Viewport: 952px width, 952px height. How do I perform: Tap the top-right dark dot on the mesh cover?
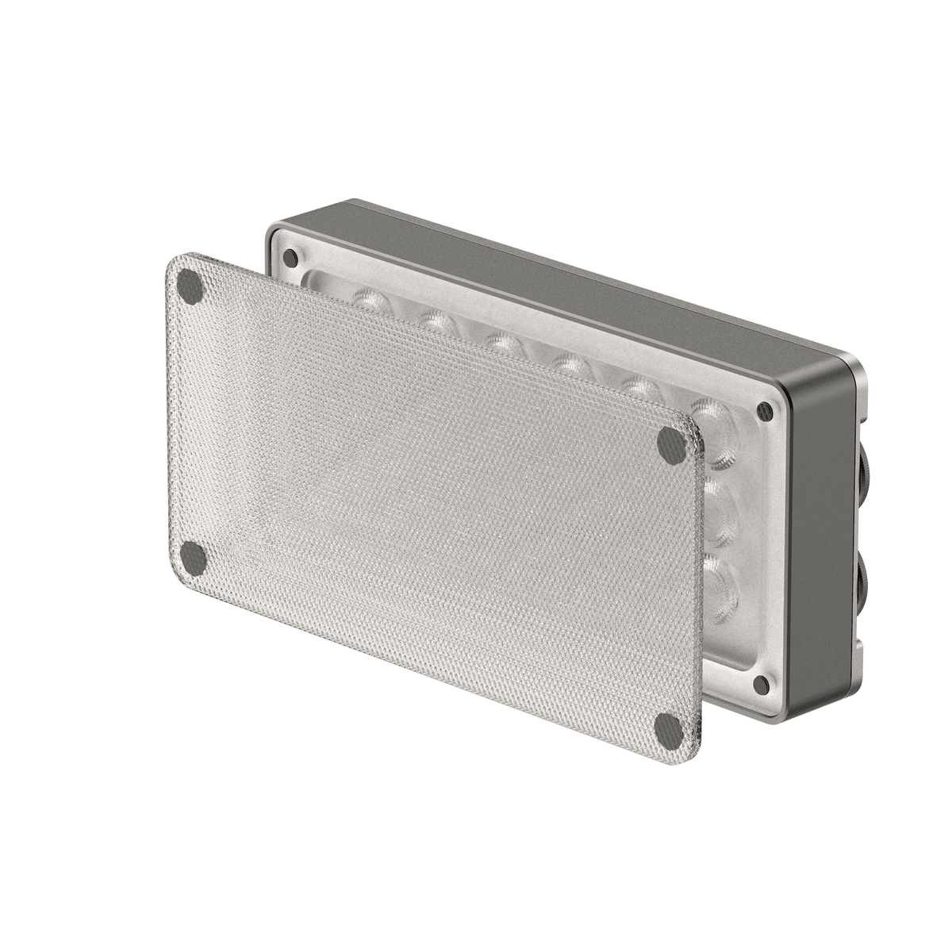[x=670, y=444]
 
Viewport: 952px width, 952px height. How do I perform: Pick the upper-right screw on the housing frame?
[x=765, y=410]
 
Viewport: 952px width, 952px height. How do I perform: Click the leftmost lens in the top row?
[x=367, y=300]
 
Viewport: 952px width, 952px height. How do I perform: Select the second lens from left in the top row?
[x=432, y=321]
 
